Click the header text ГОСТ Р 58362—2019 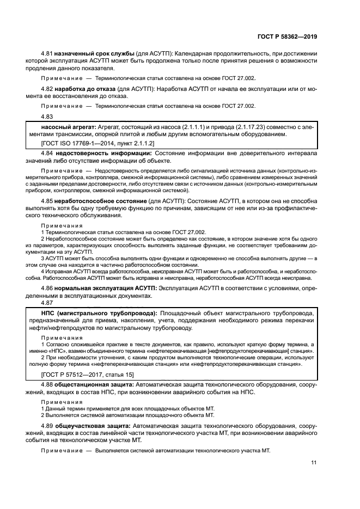[289, 36]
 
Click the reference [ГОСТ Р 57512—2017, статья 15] [88, 375]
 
